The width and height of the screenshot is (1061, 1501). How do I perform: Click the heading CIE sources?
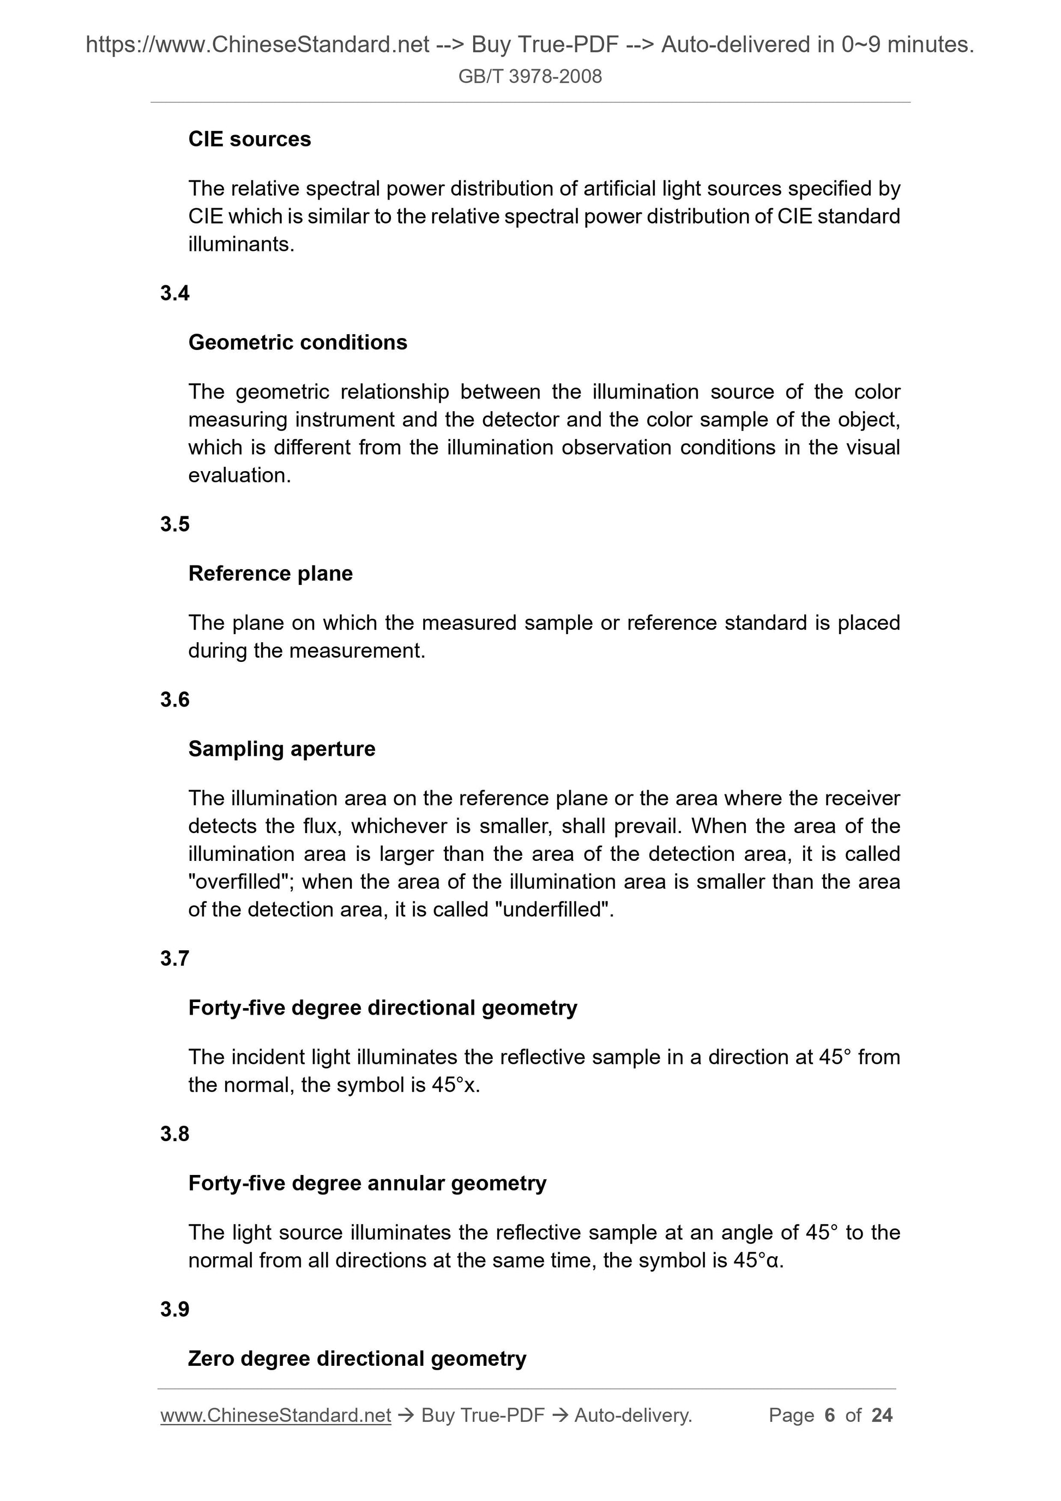click(249, 139)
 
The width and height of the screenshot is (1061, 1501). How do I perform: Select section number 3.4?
click(174, 293)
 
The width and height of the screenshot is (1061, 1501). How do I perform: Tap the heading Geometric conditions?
click(298, 342)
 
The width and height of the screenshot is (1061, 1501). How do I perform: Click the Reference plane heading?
click(270, 574)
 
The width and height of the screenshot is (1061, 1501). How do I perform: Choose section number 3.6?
click(174, 700)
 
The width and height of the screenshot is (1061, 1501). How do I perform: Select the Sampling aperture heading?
click(282, 749)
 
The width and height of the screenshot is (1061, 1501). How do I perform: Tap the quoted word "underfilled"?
click(553, 909)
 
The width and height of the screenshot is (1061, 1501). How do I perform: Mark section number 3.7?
click(174, 959)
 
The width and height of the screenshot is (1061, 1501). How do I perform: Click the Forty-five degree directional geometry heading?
click(382, 1008)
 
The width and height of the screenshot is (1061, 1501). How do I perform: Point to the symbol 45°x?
click(455, 1085)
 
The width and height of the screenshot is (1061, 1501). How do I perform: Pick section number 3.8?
click(174, 1134)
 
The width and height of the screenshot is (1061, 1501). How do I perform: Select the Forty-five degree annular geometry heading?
click(367, 1183)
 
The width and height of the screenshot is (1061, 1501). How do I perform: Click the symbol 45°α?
click(757, 1261)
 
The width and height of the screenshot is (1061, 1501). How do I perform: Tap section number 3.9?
click(174, 1310)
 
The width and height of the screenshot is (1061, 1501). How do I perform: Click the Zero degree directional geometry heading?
click(357, 1359)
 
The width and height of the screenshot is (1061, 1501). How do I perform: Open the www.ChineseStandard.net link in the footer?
click(275, 1415)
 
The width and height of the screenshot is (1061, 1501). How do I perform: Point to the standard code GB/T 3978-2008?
click(529, 76)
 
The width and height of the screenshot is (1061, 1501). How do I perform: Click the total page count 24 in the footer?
click(882, 1415)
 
